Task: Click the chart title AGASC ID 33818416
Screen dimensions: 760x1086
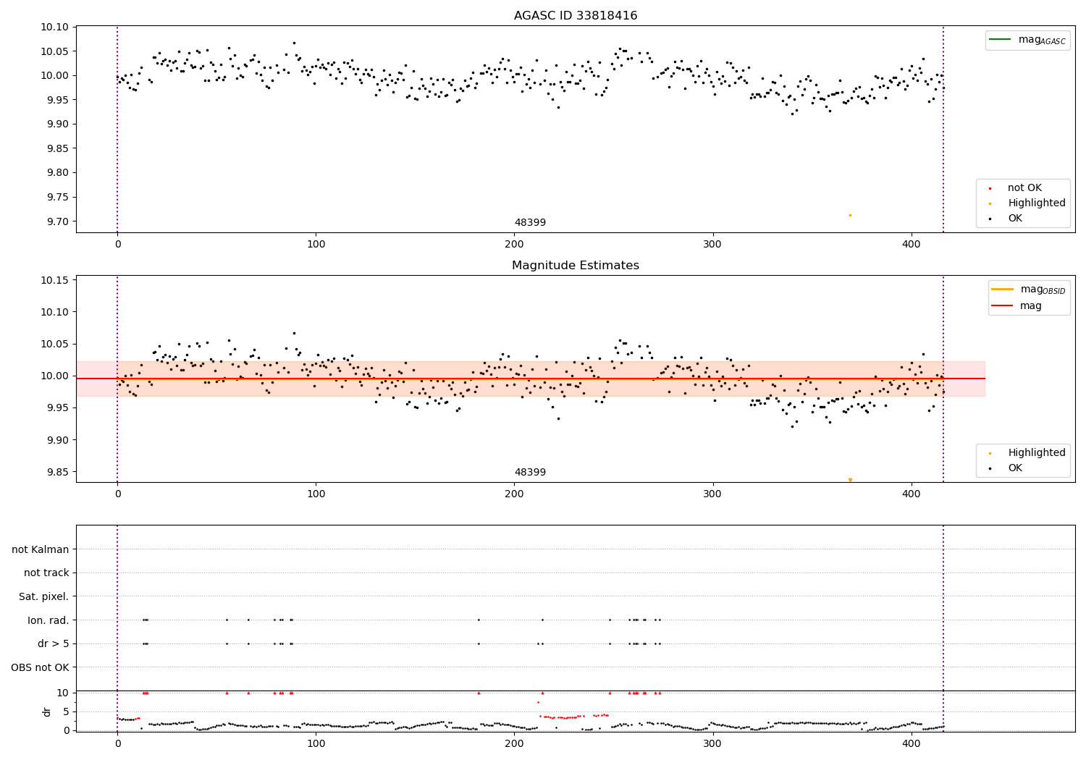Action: (576, 16)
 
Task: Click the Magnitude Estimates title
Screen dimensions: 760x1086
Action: (576, 266)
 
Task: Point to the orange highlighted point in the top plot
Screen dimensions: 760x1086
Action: (850, 215)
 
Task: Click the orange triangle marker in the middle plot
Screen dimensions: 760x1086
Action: (850, 480)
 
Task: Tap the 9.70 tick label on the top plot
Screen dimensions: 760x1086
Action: (54, 221)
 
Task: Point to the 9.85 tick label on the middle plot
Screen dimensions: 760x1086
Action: (54, 472)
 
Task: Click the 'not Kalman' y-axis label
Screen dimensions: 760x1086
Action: (41, 549)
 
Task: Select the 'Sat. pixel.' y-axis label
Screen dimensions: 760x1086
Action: (43, 596)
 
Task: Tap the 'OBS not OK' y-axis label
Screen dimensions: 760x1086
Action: (40, 667)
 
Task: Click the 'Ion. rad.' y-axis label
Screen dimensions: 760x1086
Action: (48, 620)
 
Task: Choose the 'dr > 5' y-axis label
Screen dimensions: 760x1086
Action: (53, 643)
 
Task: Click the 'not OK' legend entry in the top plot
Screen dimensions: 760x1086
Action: (1024, 188)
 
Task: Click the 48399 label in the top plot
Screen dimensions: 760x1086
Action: (530, 223)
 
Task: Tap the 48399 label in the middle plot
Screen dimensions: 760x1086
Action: (530, 473)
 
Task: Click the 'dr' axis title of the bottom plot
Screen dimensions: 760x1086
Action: (47, 712)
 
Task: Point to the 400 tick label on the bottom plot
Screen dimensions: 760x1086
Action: (912, 743)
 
